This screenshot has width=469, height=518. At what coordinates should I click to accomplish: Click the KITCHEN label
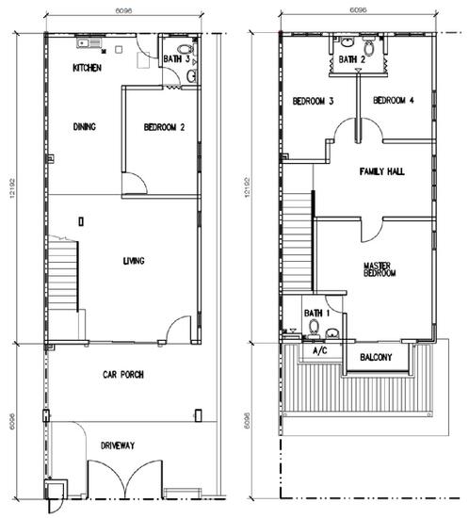[89, 69]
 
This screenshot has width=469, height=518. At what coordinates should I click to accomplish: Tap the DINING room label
[86, 127]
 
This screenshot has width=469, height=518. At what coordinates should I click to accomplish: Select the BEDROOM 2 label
[163, 127]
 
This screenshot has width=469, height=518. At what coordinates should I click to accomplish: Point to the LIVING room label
[134, 261]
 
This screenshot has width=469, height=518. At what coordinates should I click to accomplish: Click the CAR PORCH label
[123, 375]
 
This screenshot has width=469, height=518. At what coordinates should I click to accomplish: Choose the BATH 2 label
[352, 59]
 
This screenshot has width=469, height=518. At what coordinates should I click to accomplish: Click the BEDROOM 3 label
[313, 101]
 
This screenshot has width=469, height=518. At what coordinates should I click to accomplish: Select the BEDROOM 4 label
[394, 101]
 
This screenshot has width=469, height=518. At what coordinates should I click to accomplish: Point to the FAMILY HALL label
[382, 172]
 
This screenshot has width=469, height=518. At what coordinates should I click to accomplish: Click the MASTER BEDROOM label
[379, 269]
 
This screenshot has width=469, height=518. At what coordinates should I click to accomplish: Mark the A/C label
[319, 351]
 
